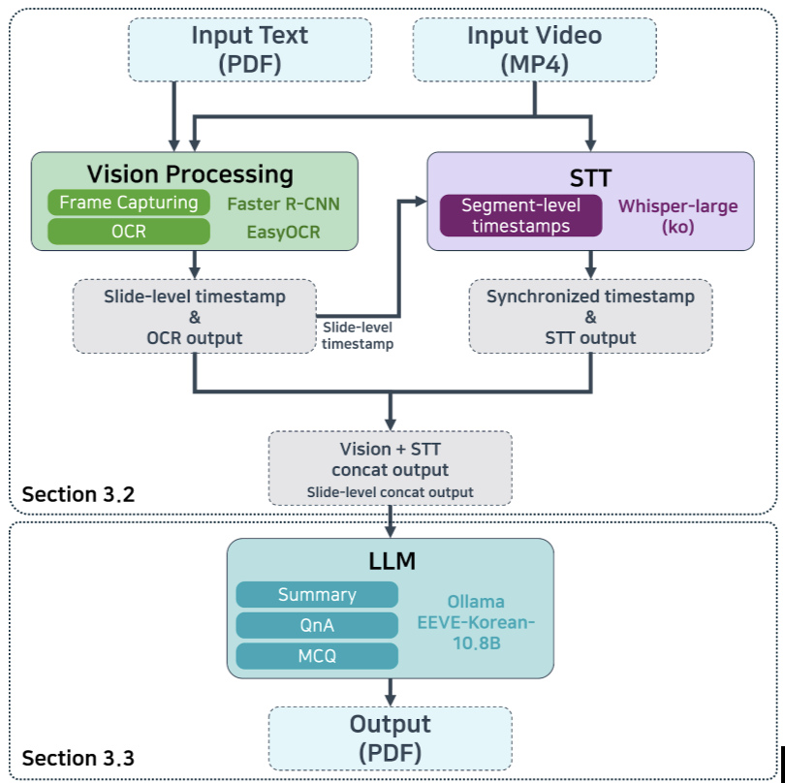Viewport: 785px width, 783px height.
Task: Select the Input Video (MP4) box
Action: point(534,49)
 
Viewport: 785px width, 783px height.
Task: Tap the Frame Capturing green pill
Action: point(129,203)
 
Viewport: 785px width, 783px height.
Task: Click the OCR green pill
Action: point(129,232)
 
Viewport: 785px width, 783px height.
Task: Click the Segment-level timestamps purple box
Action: point(520,215)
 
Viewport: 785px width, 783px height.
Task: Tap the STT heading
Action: point(590,177)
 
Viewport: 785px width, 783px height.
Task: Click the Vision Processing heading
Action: point(190,173)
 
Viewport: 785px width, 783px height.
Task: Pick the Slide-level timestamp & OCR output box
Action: point(195,316)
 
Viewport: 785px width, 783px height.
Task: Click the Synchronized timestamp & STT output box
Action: point(590,316)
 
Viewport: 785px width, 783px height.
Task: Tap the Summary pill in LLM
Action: point(317,595)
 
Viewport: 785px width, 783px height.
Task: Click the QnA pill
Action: point(317,625)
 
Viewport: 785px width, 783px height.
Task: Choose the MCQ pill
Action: point(317,655)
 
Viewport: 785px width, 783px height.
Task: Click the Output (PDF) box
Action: point(390,737)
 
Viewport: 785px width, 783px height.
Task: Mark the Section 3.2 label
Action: point(78,494)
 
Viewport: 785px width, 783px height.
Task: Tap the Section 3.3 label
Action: point(78,758)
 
